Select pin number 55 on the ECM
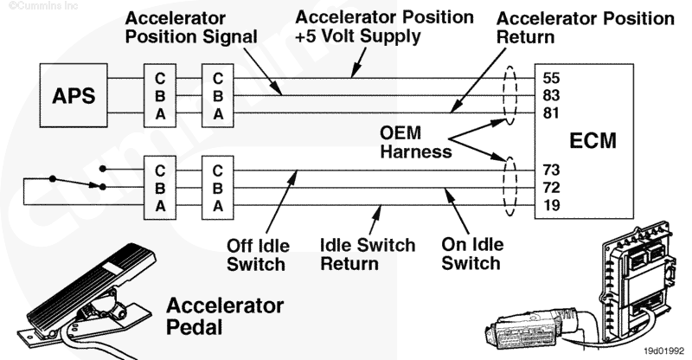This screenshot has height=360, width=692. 550,76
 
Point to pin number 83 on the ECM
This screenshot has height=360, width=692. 550,94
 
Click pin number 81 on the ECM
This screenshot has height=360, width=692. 550,112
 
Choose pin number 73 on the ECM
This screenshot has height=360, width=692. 550,169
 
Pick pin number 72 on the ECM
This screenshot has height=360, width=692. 550,187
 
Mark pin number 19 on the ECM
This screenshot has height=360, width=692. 550,205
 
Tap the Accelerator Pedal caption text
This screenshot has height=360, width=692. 224,316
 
